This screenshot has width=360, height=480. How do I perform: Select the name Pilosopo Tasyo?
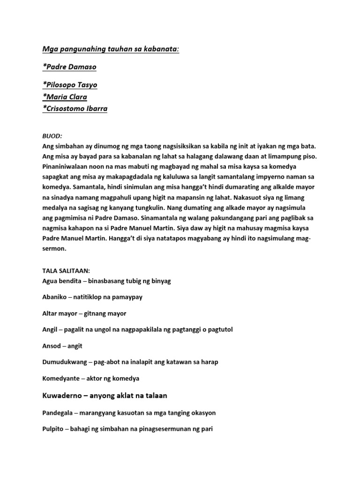pos(70,85)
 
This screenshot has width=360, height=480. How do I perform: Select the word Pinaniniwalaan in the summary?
pos(66,166)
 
